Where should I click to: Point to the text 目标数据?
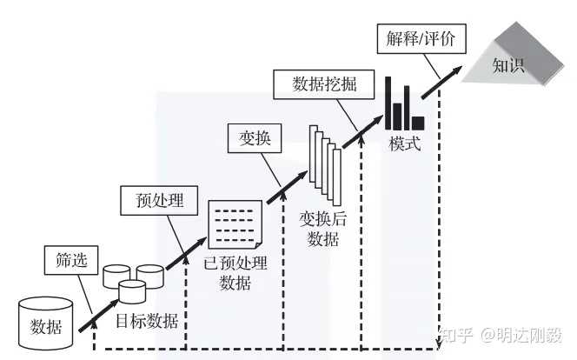click(x=147, y=321)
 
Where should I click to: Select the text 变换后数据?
click(x=323, y=228)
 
